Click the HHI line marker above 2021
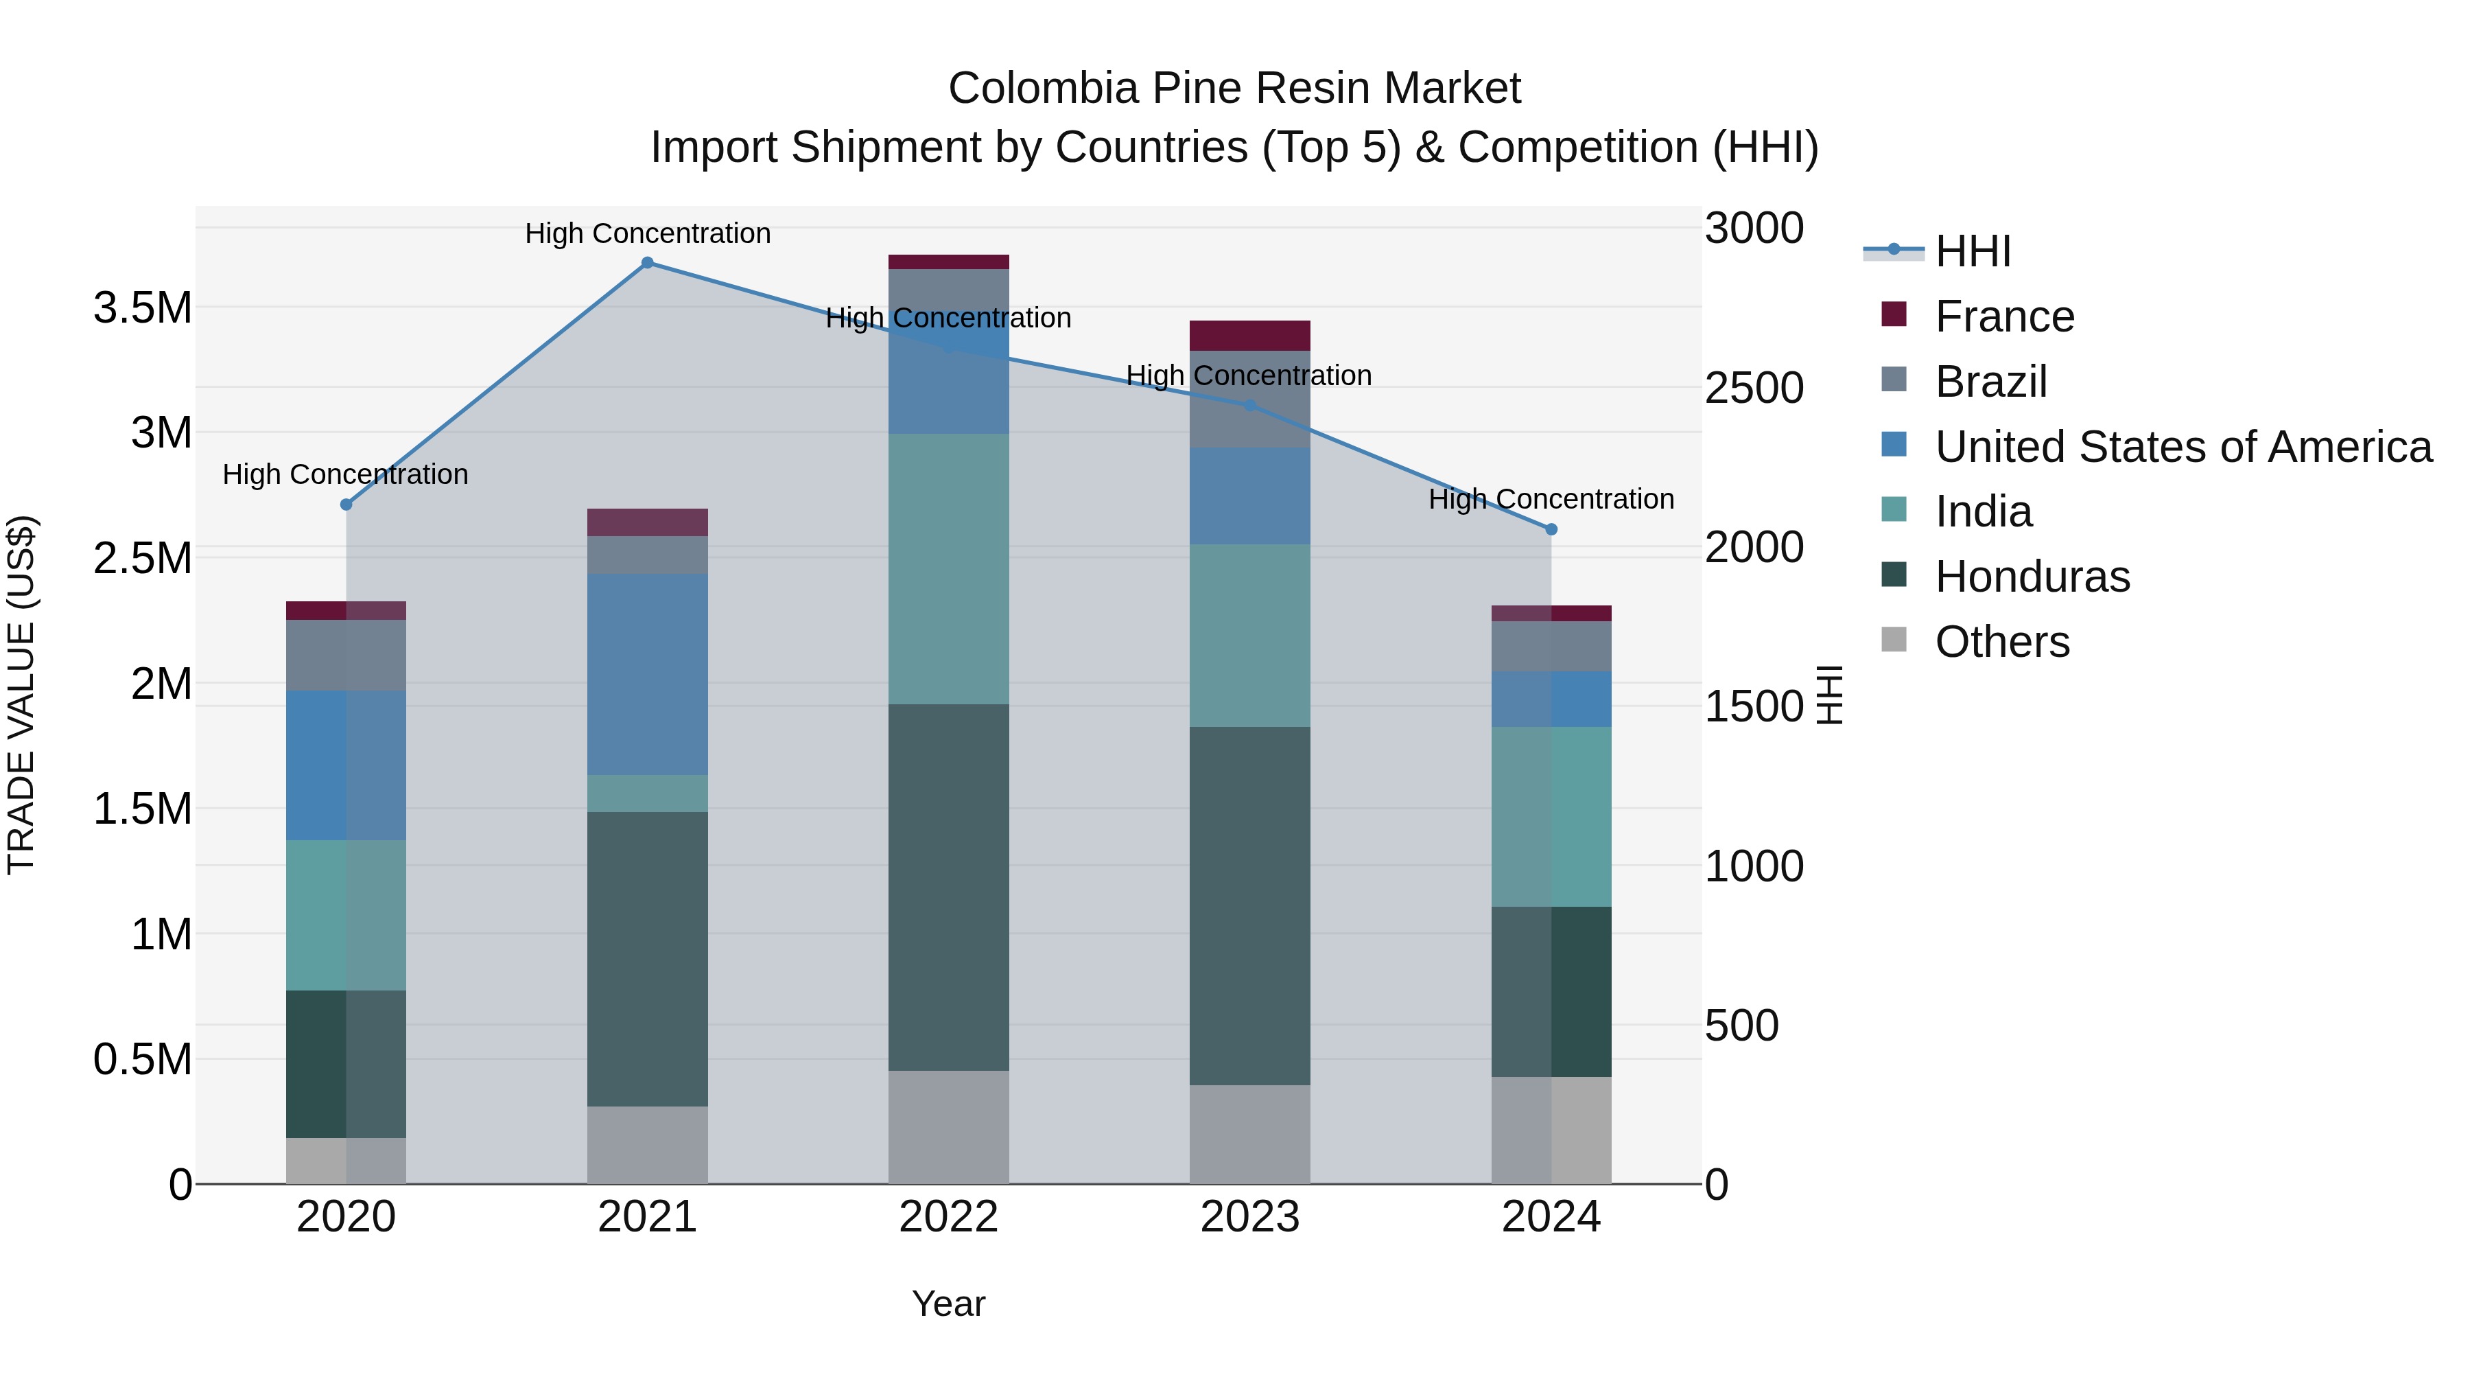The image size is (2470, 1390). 647,263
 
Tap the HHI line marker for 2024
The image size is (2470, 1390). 1551,529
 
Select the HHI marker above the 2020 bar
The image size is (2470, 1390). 346,505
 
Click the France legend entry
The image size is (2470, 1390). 2004,316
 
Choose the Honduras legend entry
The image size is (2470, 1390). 2032,577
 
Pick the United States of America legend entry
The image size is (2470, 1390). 2183,447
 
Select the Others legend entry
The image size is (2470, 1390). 2001,642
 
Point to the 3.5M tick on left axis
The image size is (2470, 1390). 142,309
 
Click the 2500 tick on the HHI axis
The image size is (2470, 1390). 1754,389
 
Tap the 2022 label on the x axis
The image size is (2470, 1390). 948,1217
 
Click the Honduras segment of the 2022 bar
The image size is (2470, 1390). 948,888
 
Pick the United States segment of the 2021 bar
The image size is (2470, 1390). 647,674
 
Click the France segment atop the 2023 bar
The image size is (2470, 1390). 1249,336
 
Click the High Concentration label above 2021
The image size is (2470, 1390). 647,234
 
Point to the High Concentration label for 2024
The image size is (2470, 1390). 1551,500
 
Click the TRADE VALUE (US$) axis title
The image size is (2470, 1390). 21,695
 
